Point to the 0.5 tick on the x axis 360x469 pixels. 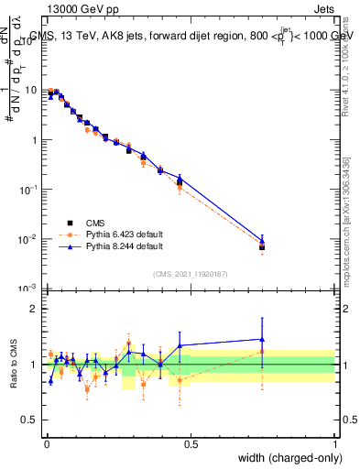click(191, 443)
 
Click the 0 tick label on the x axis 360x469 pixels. click(47, 443)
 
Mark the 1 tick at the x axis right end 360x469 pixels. click(334, 443)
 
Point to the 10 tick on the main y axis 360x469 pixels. click(34, 91)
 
